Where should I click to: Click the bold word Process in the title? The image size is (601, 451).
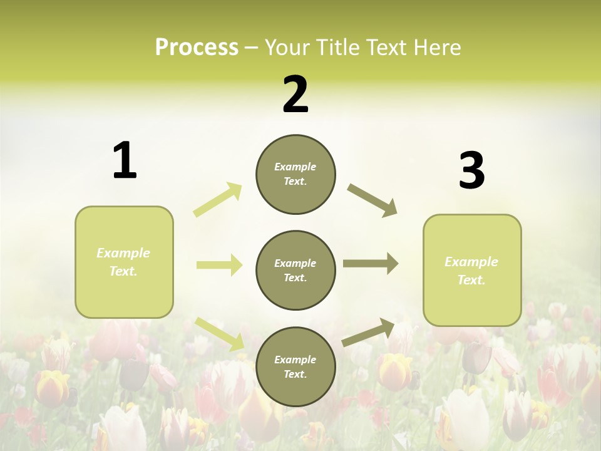click(x=197, y=48)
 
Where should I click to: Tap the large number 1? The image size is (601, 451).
click(x=125, y=161)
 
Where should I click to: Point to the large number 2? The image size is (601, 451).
click(x=295, y=95)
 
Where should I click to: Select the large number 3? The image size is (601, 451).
click(x=471, y=172)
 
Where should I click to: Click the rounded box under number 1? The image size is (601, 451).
click(x=124, y=262)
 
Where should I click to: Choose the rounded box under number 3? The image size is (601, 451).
click(x=472, y=270)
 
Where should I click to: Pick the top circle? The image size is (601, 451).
click(x=295, y=174)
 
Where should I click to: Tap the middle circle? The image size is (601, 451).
click(x=295, y=270)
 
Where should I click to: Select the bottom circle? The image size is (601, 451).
click(x=295, y=366)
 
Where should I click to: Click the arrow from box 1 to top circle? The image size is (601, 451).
click(x=218, y=200)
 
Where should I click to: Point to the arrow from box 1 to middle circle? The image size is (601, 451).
click(x=219, y=265)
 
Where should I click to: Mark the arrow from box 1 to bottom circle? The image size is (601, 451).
click(x=220, y=334)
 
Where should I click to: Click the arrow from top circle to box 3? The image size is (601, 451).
click(x=372, y=200)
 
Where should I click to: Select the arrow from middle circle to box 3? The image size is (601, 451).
click(x=371, y=264)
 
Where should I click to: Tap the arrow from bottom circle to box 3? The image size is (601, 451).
click(x=369, y=333)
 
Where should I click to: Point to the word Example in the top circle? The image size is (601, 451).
click(x=295, y=167)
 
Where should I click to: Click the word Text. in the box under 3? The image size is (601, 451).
click(x=471, y=280)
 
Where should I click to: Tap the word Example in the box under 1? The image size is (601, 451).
click(x=123, y=253)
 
